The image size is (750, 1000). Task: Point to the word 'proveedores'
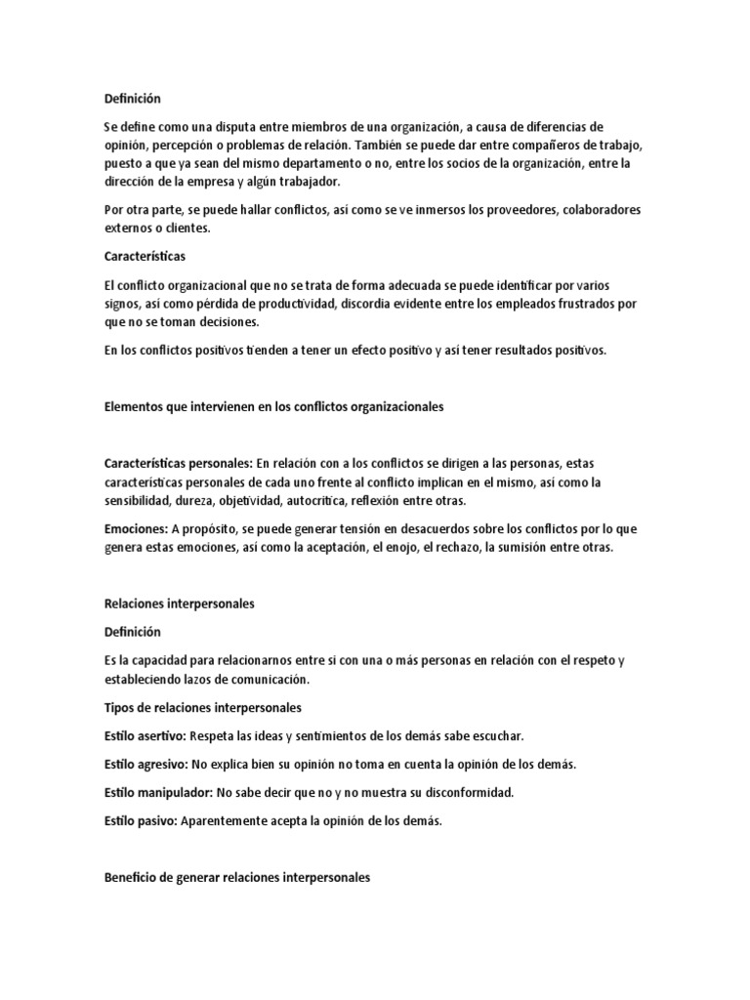coord(519,210)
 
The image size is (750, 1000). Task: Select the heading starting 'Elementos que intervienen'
coord(273,406)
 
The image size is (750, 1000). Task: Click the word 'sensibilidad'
coord(137,500)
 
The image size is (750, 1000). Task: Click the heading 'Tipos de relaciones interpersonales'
coord(202,706)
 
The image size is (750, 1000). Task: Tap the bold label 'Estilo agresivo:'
coord(146,764)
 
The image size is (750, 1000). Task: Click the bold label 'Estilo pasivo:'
coord(141,820)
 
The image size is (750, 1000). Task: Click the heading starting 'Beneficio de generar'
coord(237,878)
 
